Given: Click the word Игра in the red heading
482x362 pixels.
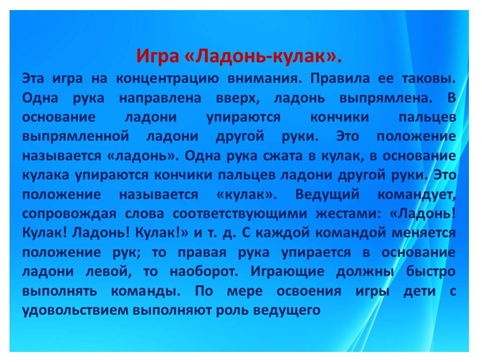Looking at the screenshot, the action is [x=157, y=56].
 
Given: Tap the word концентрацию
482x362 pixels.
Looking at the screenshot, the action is [x=167, y=78].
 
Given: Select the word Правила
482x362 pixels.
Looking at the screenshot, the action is [x=340, y=78].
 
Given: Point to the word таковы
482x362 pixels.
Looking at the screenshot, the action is [x=429, y=78].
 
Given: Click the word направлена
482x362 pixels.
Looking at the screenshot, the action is [x=160, y=98].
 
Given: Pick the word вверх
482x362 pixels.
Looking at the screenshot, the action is [x=237, y=99].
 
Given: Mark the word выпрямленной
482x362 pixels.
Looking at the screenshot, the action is [x=76, y=136].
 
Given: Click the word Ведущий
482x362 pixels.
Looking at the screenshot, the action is [x=327, y=195].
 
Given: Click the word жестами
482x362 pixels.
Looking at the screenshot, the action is [x=348, y=214].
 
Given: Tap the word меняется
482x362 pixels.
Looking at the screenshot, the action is [x=424, y=233].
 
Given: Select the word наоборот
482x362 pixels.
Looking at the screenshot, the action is [x=203, y=271].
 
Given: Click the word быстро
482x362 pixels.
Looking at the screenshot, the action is [x=431, y=271].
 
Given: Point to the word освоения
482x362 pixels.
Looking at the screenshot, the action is [x=309, y=291].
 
